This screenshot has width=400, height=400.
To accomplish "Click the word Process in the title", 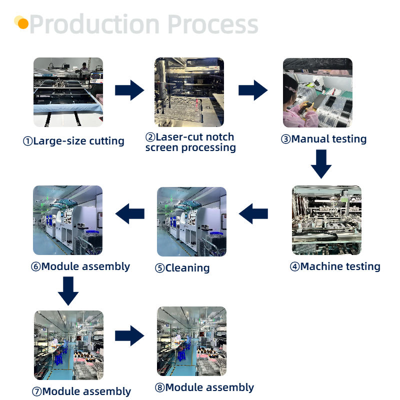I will coord(212,24).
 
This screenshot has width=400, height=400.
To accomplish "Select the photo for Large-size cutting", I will coord(68,92).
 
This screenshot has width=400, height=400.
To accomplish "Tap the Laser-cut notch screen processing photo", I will coord(189,92).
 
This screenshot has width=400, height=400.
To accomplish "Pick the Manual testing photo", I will coord(317,92).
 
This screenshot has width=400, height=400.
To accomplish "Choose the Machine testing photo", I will coord(326,220).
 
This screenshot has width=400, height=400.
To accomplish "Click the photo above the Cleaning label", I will coord(191,221).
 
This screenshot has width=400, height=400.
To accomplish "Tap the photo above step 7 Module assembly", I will coord(68,345).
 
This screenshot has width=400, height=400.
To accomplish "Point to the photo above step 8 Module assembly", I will coord(191,341).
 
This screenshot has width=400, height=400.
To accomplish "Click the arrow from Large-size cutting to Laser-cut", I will coord(129,90).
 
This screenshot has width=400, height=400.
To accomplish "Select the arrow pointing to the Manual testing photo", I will coord(252,90).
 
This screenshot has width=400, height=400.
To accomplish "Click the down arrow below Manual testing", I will coord(320,163).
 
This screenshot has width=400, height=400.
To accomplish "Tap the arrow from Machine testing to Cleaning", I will coord(253,214).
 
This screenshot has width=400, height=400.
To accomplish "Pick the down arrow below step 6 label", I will coord(68,290).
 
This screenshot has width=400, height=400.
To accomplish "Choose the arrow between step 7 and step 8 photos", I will coord(129,336).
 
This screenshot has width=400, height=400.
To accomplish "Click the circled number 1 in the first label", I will coord(27,141).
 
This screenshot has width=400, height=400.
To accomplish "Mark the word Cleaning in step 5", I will coord(187,268).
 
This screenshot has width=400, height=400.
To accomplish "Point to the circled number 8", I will coord(160,388).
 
